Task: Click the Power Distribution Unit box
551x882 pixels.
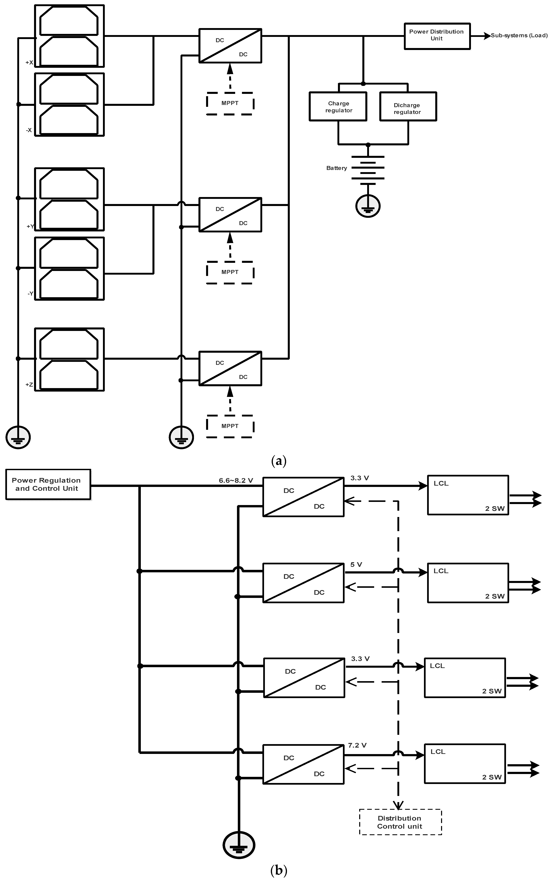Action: [437, 36]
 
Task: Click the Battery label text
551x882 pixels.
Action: [336, 168]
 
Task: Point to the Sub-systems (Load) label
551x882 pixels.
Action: [519, 35]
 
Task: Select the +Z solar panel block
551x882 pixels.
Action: [69, 359]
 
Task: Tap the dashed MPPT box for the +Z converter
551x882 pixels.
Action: [230, 426]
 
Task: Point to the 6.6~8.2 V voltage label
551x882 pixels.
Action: [236, 480]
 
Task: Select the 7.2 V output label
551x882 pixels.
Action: [357, 745]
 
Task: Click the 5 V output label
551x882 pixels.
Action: [356, 565]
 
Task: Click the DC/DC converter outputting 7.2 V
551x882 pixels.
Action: [303, 764]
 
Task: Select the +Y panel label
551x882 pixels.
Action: [30, 226]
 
